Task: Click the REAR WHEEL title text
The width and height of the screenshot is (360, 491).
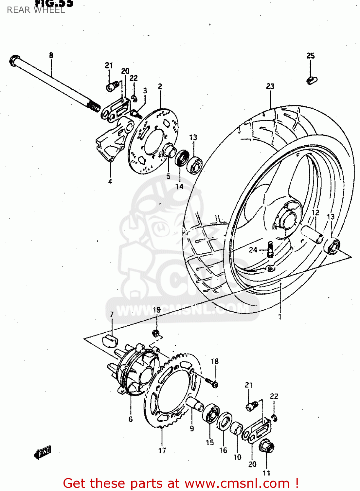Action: (x=36, y=10)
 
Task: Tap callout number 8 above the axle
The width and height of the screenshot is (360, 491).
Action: (x=51, y=55)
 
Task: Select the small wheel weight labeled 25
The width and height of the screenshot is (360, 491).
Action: (x=312, y=80)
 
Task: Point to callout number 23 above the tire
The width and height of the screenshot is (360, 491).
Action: (x=270, y=86)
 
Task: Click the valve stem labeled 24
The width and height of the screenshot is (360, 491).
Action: (x=270, y=249)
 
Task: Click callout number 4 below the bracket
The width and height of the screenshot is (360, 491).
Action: (x=110, y=181)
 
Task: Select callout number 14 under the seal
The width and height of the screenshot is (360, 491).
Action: (x=179, y=187)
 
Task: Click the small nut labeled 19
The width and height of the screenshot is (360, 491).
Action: (x=156, y=334)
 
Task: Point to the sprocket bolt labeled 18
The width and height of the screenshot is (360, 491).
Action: (x=212, y=382)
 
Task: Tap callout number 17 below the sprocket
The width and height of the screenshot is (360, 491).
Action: (x=162, y=451)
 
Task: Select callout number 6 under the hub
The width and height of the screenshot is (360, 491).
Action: (x=131, y=419)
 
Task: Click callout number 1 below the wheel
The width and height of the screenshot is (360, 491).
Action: (x=280, y=317)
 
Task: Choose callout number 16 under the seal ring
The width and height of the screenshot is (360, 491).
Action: (x=223, y=450)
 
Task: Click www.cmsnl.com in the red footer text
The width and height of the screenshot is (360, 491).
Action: (x=237, y=483)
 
